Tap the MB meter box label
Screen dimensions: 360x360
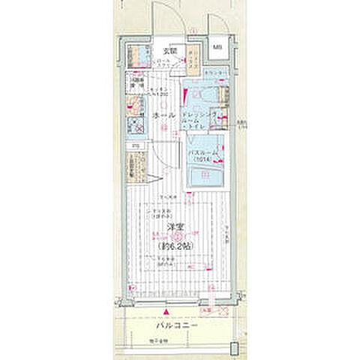coord(217,49)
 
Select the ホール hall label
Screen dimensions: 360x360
coord(163,115)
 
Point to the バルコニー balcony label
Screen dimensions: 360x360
coord(177,328)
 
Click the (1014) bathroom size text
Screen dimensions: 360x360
coord(204,160)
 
